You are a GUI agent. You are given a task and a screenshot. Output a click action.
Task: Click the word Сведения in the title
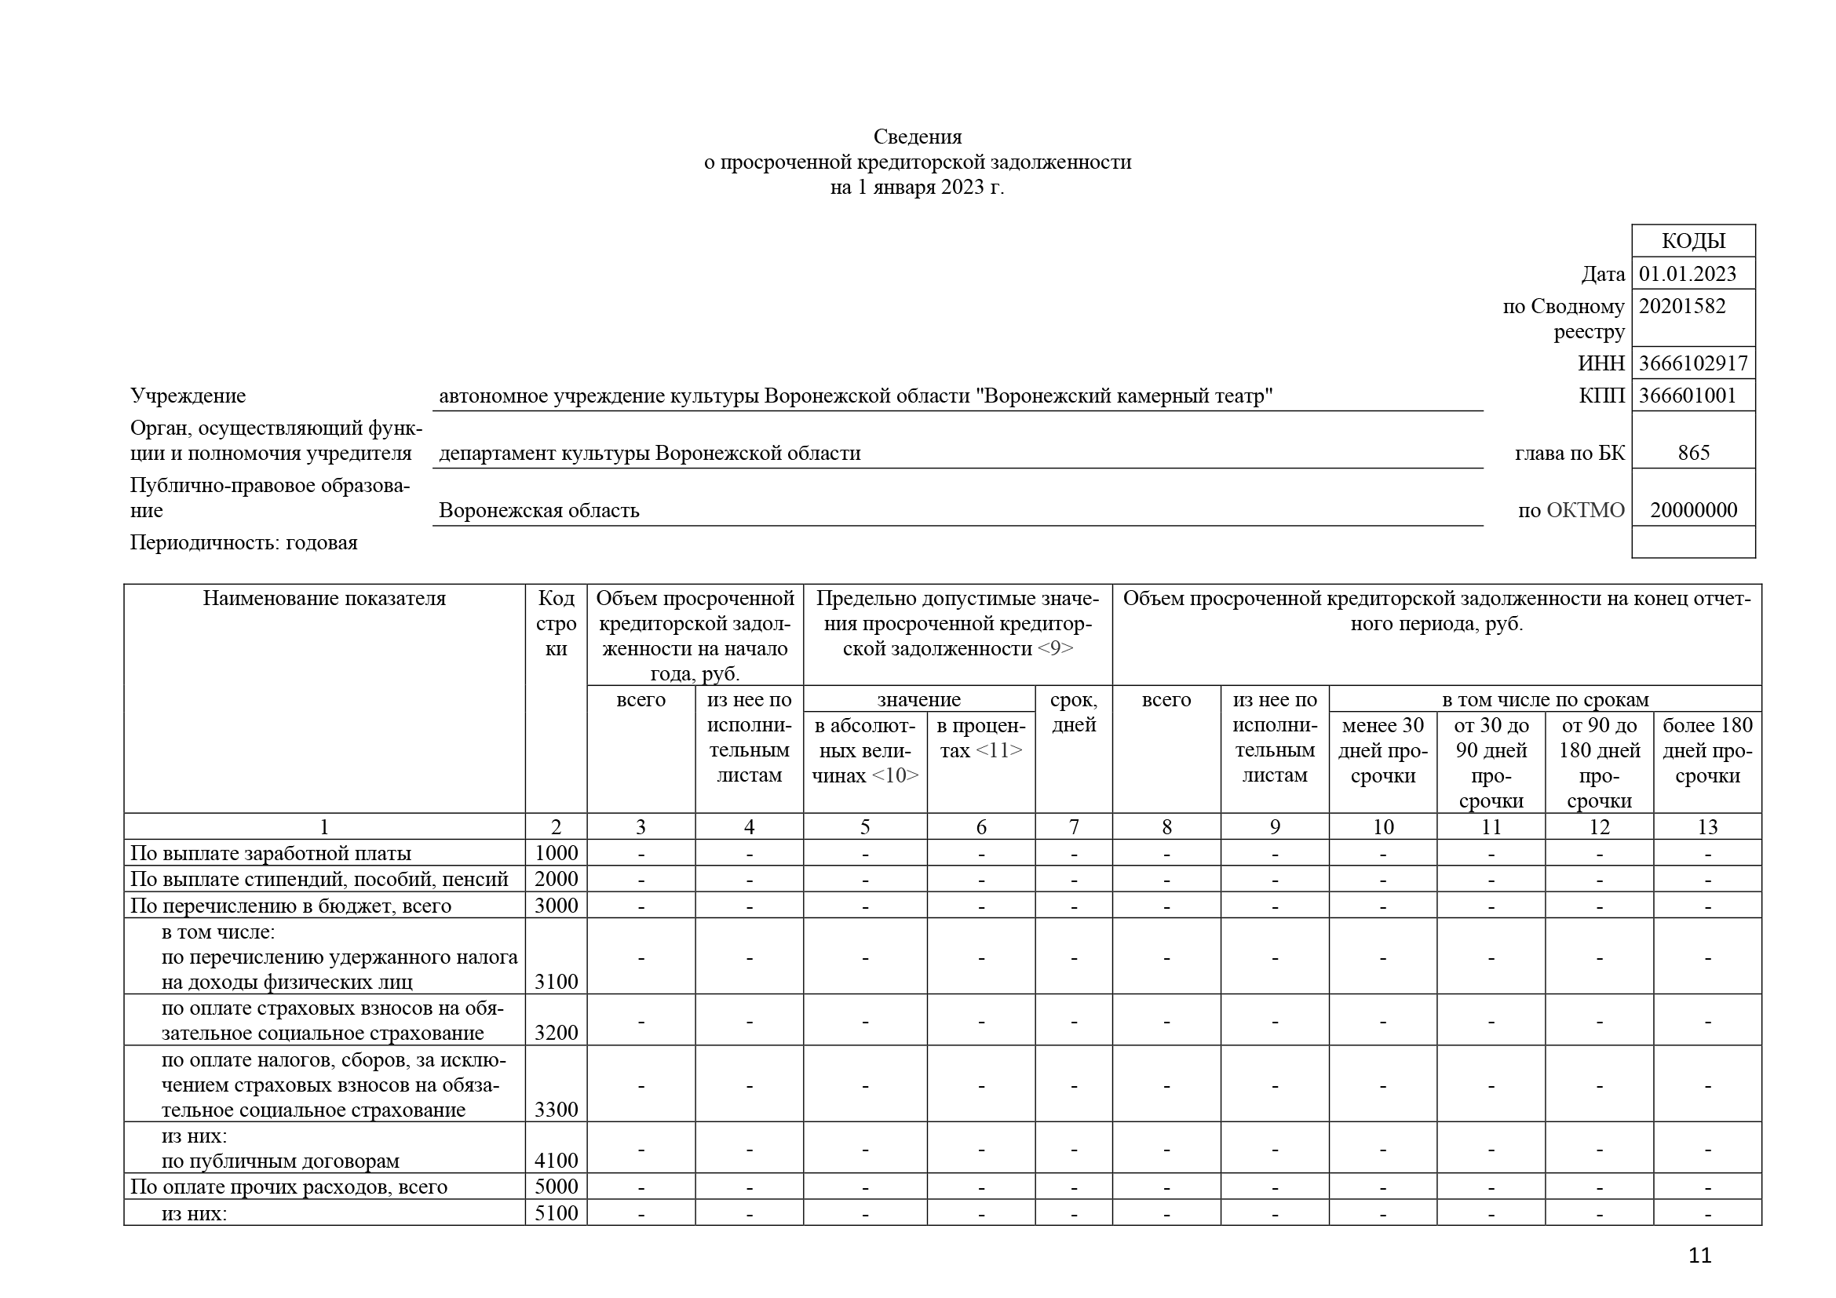(917, 137)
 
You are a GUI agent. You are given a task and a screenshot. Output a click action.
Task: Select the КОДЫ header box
(1693, 241)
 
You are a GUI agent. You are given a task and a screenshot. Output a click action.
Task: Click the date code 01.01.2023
(1688, 274)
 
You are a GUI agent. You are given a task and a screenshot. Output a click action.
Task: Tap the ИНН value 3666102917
(1693, 363)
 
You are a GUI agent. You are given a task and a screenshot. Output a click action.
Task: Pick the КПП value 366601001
(1688, 396)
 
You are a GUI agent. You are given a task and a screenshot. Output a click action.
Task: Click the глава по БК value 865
(1693, 453)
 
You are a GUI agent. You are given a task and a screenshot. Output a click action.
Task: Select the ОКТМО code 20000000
(1693, 511)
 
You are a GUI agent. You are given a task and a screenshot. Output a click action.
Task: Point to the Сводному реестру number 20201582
(1681, 306)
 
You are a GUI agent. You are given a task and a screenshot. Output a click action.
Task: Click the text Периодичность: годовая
(244, 543)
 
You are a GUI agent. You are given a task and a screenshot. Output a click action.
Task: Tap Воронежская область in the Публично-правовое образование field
(539, 511)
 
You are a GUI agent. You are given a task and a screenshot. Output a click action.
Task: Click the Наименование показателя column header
(324, 599)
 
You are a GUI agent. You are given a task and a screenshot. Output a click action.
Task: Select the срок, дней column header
(1073, 712)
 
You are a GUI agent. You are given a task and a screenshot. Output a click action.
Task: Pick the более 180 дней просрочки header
(1706, 750)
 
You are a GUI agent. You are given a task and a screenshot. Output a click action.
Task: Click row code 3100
(556, 982)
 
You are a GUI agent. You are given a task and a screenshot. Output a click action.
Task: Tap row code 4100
(556, 1161)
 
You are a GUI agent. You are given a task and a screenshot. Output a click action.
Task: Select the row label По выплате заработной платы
(270, 853)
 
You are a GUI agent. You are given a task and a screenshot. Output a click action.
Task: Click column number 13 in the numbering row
(1706, 827)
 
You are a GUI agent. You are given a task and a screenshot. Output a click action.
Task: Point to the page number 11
(1699, 1256)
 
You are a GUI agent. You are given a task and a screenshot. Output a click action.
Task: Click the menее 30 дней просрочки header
(1382, 750)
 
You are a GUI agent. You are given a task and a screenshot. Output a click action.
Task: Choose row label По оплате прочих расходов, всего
(289, 1187)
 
